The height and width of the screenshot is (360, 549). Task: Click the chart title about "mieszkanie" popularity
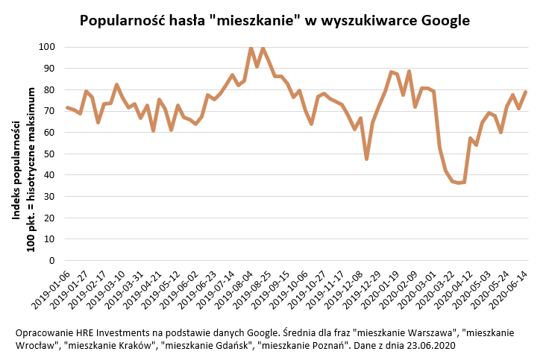coord(274,20)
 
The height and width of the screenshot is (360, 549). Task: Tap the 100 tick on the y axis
coord(47,47)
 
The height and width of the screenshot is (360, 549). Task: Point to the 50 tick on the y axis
coord(49,154)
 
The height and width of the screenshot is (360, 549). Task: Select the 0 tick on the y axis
coord(52,261)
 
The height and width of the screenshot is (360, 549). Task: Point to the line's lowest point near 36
coord(459,183)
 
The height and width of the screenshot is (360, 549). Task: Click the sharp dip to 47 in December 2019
coord(367,159)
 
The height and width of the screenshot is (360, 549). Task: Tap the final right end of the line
coord(525,92)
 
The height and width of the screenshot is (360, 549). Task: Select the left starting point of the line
coord(67,107)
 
